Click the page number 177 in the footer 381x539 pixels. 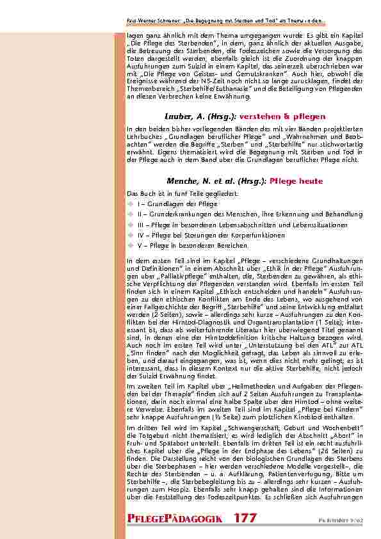[x=245, y=518]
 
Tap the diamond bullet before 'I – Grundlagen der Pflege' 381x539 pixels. [x=130, y=203]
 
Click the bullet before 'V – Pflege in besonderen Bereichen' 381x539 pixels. [x=130, y=246]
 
